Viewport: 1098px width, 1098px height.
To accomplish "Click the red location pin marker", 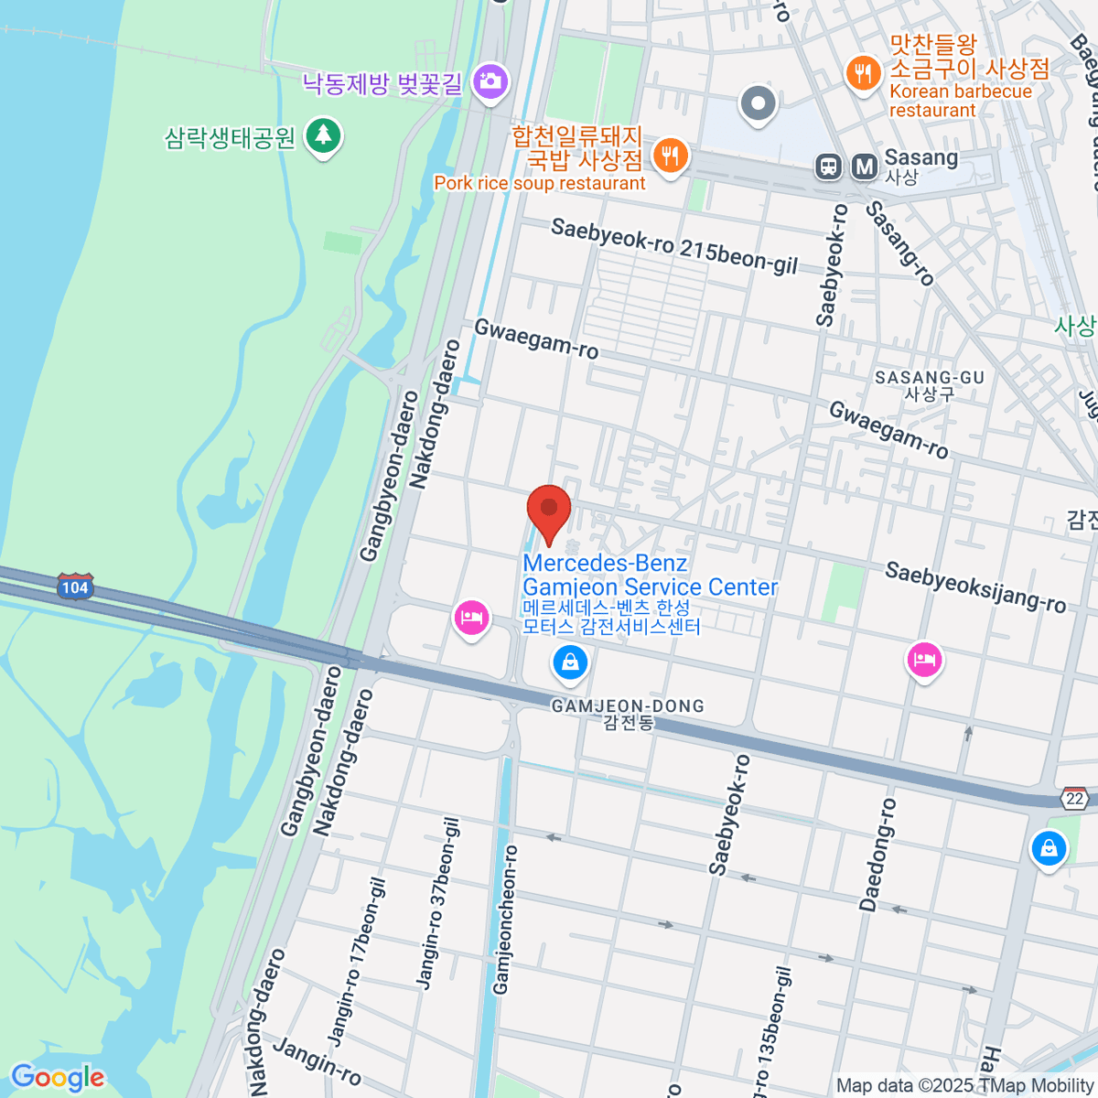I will (x=549, y=511).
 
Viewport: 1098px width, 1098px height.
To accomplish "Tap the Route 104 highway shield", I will (x=75, y=587).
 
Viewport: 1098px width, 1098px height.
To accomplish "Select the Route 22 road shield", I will (x=1074, y=798).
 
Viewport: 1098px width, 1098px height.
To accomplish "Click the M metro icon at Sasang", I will (x=864, y=166).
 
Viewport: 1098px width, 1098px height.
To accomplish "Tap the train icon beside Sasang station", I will (x=829, y=166).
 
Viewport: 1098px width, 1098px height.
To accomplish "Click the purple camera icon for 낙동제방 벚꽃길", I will (x=490, y=81).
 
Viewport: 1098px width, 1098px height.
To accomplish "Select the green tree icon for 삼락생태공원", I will (x=322, y=136).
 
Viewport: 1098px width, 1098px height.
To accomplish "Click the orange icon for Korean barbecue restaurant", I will (x=863, y=72).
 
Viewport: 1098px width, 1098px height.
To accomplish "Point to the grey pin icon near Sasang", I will (x=758, y=102).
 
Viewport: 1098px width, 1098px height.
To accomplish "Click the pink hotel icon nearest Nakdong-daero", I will (x=471, y=618).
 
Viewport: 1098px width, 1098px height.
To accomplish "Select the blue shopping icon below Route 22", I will (x=1049, y=848).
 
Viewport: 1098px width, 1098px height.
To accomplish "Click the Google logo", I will (x=57, y=1078).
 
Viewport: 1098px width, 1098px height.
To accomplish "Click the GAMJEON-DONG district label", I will (x=628, y=714).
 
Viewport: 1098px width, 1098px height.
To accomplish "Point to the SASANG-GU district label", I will (x=929, y=384).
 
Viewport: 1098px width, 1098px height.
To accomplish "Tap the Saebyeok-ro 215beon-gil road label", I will (x=674, y=246).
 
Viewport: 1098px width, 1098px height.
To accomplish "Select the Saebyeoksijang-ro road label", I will (x=975, y=587).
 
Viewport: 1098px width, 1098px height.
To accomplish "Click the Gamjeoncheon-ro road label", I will (x=505, y=920).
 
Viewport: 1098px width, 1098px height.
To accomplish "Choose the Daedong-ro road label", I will (x=877, y=855).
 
